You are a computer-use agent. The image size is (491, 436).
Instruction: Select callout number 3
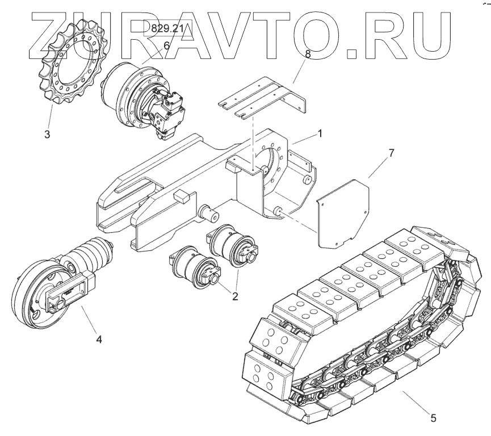(x=47, y=135)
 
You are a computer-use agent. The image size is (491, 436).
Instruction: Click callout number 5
(x=433, y=418)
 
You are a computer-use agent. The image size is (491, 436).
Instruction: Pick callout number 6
(x=166, y=45)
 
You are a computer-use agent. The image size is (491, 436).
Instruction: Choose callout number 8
(x=308, y=55)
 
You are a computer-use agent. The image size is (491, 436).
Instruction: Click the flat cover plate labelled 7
(x=341, y=213)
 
